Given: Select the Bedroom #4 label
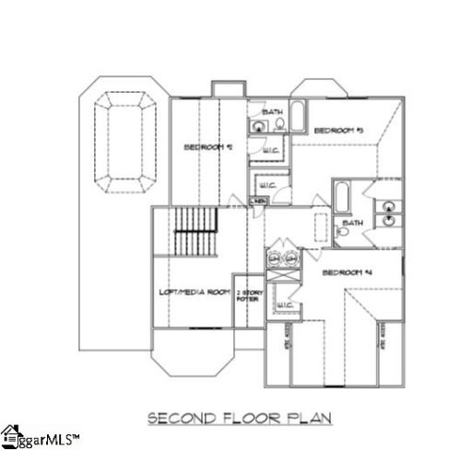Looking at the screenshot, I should coord(348,273).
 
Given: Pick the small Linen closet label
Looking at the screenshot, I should coord(259,201).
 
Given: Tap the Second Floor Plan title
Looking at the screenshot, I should coord(241,419).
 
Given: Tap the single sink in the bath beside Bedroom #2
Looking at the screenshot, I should coord(255,125).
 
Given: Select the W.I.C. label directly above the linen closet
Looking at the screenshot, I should coord(262,183).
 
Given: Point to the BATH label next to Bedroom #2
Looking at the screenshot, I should coord(272,112).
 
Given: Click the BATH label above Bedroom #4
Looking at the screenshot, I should coord(352,223).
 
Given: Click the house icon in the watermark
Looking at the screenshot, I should coord(11,434).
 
